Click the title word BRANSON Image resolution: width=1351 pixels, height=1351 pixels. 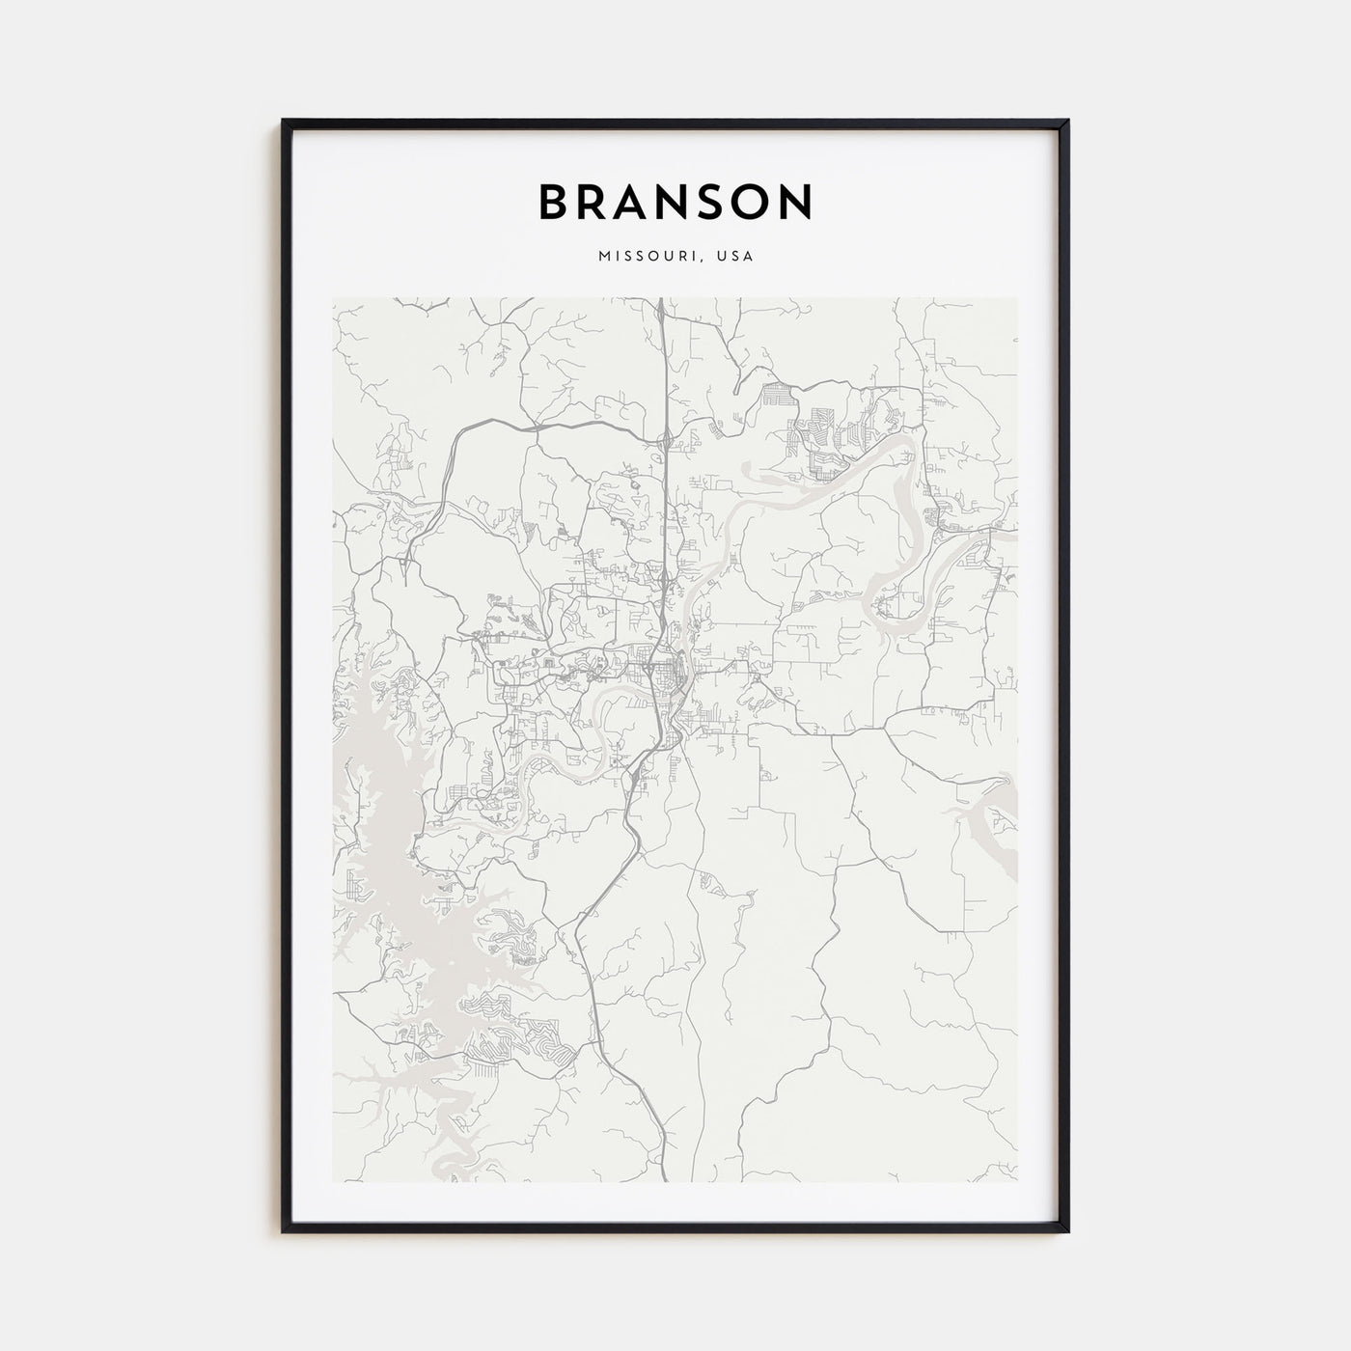click(675, 202)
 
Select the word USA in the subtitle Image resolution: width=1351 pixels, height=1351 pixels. click(735, 257)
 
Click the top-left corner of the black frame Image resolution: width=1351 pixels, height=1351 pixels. click(284, 121)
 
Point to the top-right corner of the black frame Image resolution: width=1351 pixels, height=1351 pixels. click(1067, 121)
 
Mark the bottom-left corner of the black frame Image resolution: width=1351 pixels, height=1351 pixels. click(284, 1231)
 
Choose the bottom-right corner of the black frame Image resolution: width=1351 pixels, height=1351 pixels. click(1067, 1231)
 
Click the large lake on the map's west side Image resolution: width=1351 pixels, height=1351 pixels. click(386, 820)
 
